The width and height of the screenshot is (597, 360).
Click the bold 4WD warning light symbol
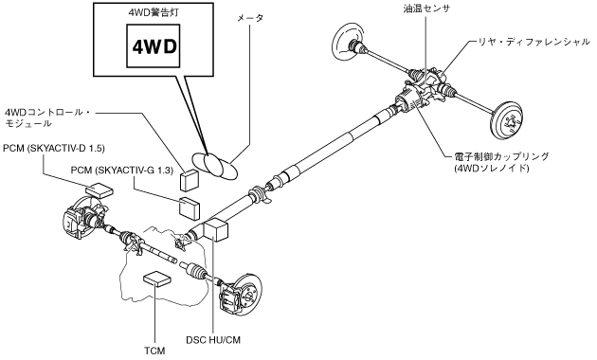pyautogui.click(x=154, y=46)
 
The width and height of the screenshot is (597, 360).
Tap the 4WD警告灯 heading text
pyautogui.click(x=154, y=13)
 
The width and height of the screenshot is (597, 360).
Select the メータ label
pyautogui.click(x=250, y=18)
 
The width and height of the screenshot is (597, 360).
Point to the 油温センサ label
pyautogui.click(x=426, y=9)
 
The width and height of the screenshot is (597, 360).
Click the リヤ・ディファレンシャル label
pyautogui.click(x=534, y=42)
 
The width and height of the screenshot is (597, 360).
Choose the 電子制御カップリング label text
pyautogui.click(x=502, y=156)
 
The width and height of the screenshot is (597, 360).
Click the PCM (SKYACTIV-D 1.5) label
pyautogui.click(x=54, y=148)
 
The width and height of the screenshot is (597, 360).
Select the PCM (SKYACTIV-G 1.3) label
pyautogui.click(x=122, y=171)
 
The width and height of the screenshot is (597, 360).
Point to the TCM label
pyautogui.click(x=154, y=351)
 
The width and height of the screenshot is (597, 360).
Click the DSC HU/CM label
pyautogui.click(x=213, y=340)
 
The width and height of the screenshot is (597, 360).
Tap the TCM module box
pyautogui.click(x=157, y=279)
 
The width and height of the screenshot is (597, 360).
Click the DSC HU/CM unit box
pyautogui.click(x=216, y=228)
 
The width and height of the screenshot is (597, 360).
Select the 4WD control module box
pyautogui.click(x=190, y=179)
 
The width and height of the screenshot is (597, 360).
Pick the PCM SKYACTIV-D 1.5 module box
pyautogui.click(x=99, y=189)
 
